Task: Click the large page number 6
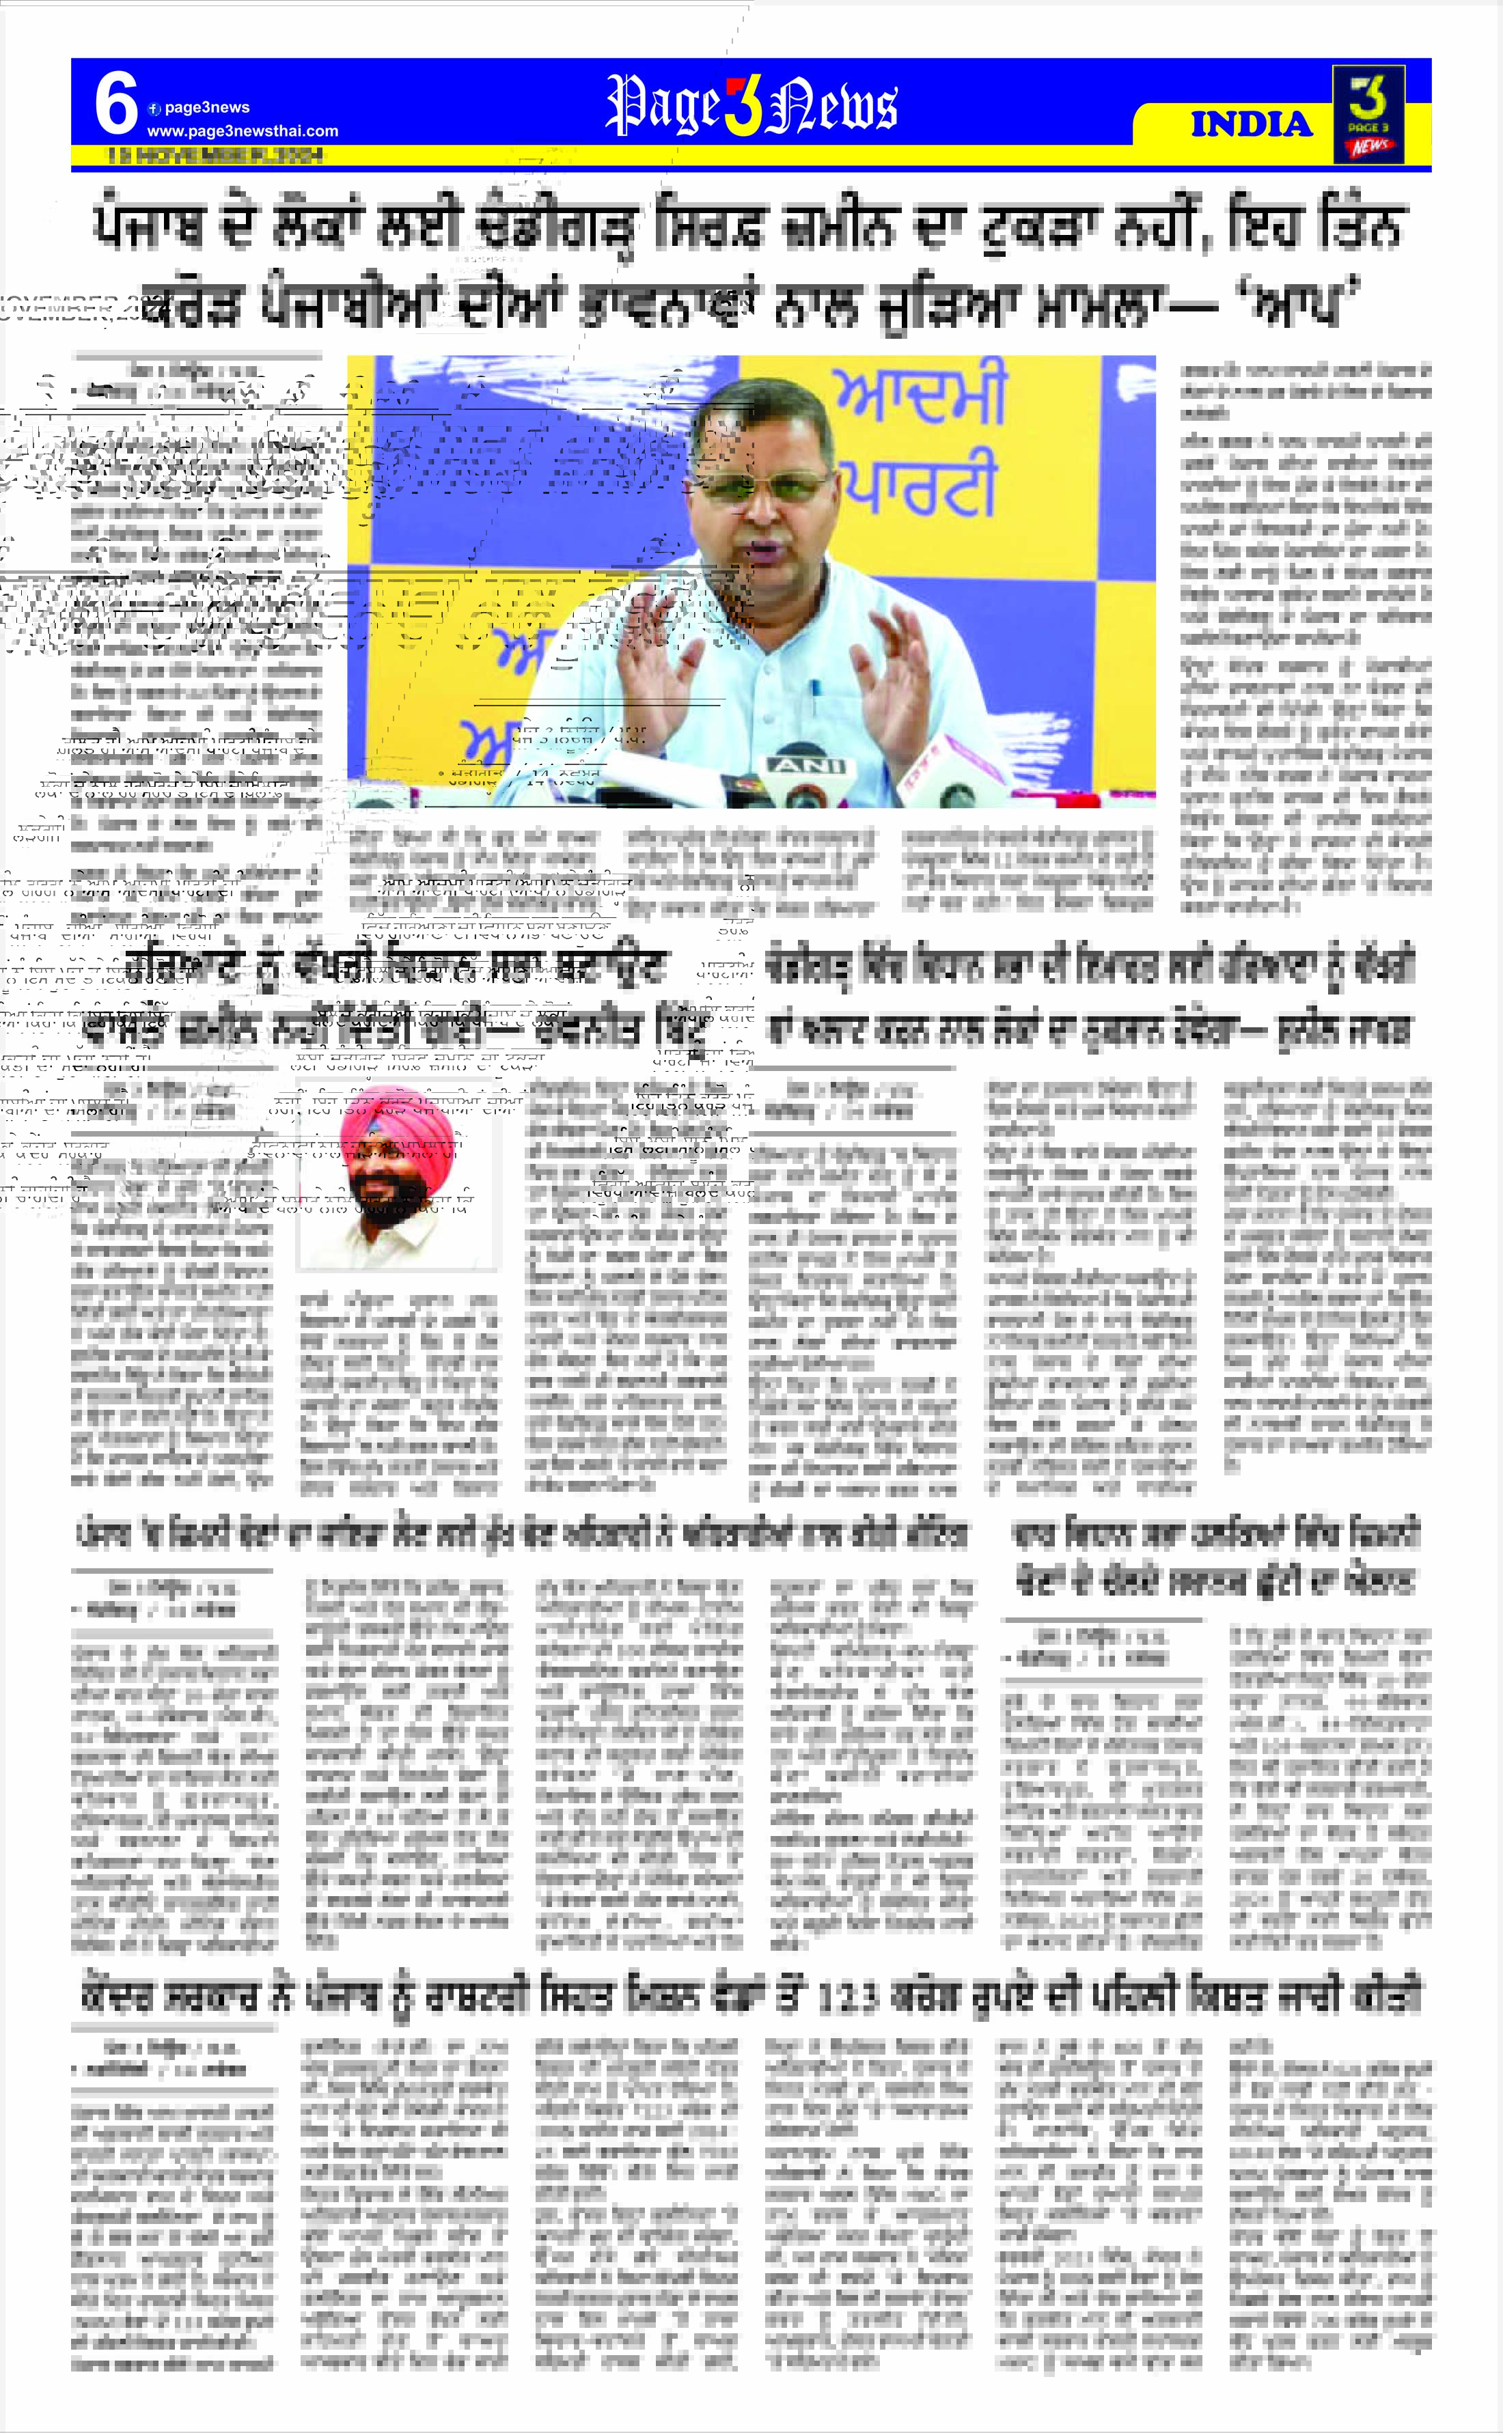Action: pos(115,105)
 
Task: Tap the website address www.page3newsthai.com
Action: pos(243,131)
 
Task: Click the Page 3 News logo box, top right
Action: pos(1369,114)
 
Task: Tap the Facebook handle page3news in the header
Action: pos(206,107)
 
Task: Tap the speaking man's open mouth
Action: pos(767,548)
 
